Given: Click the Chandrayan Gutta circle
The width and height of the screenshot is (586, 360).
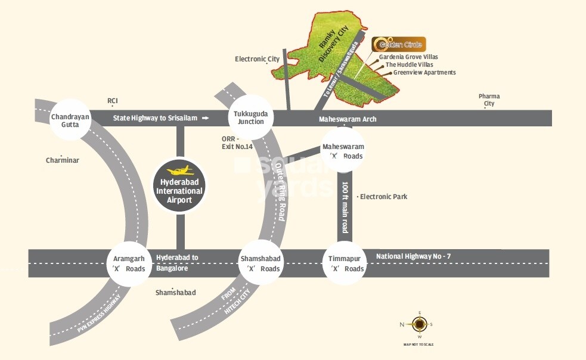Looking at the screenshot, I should pyautogui.click(x=70, y=121).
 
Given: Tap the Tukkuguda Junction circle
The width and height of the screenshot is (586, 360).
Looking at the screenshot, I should pyautogui.click(x=251, y=117).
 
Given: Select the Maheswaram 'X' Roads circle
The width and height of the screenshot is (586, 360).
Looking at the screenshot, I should pyautogui.click(x=343, y=151).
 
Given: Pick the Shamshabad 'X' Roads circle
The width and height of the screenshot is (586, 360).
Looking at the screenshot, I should pyautogui.click(x=261, y=263).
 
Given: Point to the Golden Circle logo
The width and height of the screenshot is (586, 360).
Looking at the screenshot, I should pyautogui.click(x=398, y=45).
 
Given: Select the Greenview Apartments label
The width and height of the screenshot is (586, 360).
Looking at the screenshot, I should pyautogui.click(x=424, y=73).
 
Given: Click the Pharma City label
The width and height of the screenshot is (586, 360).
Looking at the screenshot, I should pyautogui.click(x=489, y=100).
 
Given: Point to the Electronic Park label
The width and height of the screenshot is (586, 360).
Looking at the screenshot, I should pyautogui.click(x=384, y=196).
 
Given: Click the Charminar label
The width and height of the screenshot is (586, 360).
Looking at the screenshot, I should pyautogui.click(x=63, y=160).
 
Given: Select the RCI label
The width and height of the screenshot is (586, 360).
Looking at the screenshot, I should pyautogui.click(x=113, y=101).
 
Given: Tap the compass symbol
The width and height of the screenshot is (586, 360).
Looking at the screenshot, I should pyautogui.click(x=420, y=324).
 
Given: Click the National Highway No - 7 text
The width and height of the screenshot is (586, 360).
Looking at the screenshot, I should pyautogui.click(x=413, y=256).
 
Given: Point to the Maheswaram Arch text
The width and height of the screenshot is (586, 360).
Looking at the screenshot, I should pyautogui.click(x=348, y=119).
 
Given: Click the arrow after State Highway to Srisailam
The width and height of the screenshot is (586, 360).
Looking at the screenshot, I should pyautogui.click(x=206, y=118).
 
